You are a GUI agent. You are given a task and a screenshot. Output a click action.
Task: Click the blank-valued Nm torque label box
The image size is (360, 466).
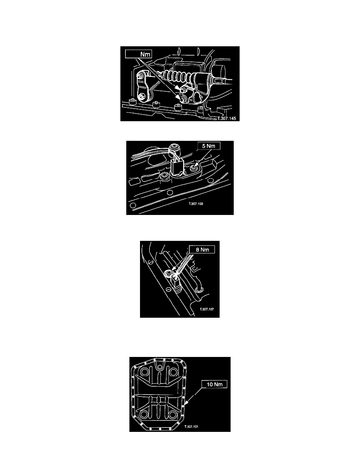coord(139,54)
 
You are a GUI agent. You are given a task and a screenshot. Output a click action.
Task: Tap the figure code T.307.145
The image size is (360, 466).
coord(226,118)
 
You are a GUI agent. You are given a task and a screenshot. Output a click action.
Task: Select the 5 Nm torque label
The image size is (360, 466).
coord(209,146)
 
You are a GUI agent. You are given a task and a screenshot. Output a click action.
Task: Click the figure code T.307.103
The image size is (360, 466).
coord(196,204)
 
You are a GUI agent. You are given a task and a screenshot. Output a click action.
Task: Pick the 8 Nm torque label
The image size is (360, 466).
coord(202,249)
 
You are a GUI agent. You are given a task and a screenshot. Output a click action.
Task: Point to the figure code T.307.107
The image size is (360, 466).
coord(207,309)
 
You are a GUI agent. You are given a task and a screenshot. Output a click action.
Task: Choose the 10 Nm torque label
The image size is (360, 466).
coord(215,384)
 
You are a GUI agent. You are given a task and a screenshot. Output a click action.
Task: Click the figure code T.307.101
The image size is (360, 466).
coord(191,427)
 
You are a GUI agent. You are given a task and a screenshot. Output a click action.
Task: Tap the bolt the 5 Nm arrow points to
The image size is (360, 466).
coord(193,169)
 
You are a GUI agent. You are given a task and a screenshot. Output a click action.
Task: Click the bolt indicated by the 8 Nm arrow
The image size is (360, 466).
coord(169,273)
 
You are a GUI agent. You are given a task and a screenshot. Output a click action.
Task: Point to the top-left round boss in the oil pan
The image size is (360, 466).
coord(146,372)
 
